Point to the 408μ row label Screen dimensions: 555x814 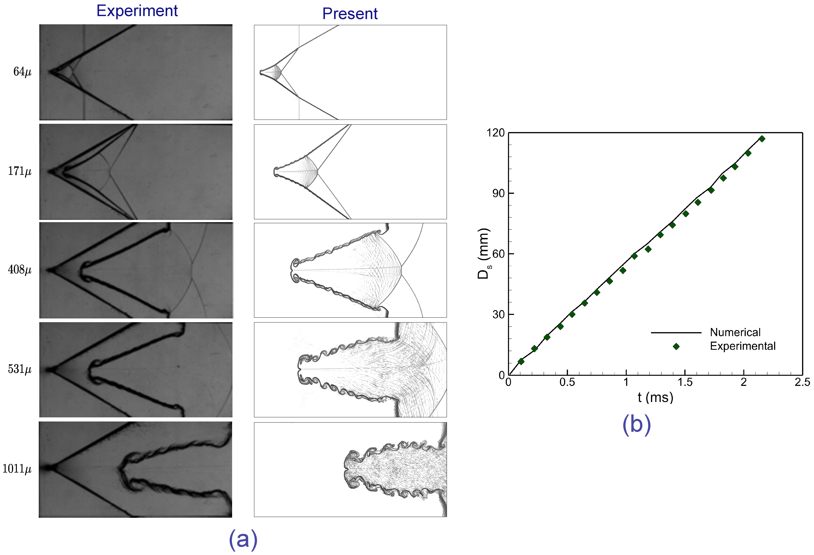click(x=20, y=270)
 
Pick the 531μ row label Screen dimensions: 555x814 click(x=20, y=369)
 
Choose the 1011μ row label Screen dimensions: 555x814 click(x=17, y=469)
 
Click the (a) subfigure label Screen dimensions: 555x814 click(x=243, y=539)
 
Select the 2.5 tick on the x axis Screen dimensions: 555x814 click(x=802, y=382)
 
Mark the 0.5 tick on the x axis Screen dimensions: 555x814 click(x=567, y=382)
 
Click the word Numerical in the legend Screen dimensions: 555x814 click(x=735, y=332)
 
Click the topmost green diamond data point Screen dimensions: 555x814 click(x=762, y=139)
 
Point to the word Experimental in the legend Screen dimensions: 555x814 click(x=743, y=346)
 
